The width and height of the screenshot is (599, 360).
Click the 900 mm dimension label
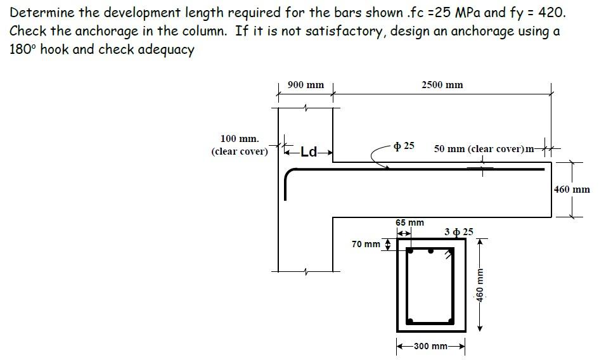[306, 85]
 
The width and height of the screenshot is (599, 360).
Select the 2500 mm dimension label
[442, 85]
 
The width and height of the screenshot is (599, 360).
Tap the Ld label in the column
[309, 151]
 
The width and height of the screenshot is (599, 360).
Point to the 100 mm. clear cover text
[240, 145]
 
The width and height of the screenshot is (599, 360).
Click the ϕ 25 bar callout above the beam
[404, 146]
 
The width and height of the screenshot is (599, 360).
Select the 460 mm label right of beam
[572, 190]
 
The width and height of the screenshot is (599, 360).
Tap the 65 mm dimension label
[409, 223]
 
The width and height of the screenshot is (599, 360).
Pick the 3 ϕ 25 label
[459, 232]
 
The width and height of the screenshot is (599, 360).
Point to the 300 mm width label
[430, 346]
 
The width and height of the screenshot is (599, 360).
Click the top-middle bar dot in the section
[431, 251]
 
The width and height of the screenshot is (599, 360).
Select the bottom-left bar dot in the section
[411, 319]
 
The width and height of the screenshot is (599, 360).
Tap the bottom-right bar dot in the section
[451, 319]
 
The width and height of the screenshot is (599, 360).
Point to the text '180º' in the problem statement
[23, 50]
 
